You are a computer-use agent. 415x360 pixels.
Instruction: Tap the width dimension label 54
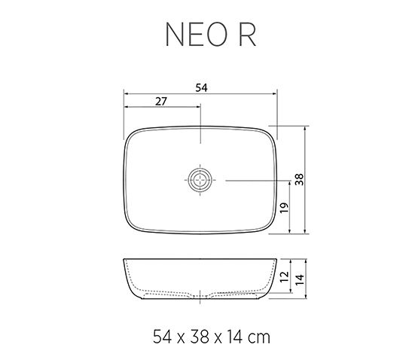[x=201, y=87]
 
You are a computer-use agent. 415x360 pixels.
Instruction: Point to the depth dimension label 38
[x=299, y=179]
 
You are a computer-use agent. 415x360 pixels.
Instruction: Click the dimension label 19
[x=284, y=208]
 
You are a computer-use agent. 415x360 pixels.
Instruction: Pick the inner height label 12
[x=284, y=276]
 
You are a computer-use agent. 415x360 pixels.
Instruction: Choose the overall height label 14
[x=299, y=281]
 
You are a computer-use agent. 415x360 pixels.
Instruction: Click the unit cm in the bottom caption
[x=259, y=335]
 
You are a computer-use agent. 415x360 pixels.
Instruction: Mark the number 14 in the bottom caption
[x=233, y=335]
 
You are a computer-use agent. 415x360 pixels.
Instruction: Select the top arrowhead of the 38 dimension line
[x=305, y=129]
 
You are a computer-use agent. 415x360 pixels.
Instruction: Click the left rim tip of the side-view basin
[x=124, y=261]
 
